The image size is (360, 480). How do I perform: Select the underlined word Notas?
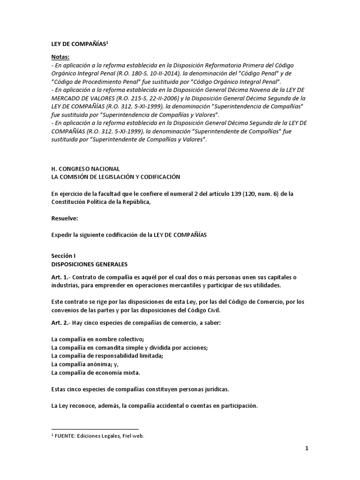pos(60,57)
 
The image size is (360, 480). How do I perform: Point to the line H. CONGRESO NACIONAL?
pos(85,168)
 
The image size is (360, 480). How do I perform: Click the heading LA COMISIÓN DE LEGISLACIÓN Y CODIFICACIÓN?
pos(115,176)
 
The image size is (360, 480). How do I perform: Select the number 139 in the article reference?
pos(228,194)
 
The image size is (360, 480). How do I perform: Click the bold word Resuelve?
pos(64,218)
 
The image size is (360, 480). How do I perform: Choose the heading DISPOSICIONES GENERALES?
pos(89,264)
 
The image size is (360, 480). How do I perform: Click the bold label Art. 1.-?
pos(60,277)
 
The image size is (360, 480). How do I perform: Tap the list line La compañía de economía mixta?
pos(96,373)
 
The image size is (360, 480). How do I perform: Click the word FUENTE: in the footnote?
pos(66,436)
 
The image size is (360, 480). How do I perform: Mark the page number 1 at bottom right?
pos(307,449)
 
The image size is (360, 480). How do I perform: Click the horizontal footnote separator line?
pos(95,429)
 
